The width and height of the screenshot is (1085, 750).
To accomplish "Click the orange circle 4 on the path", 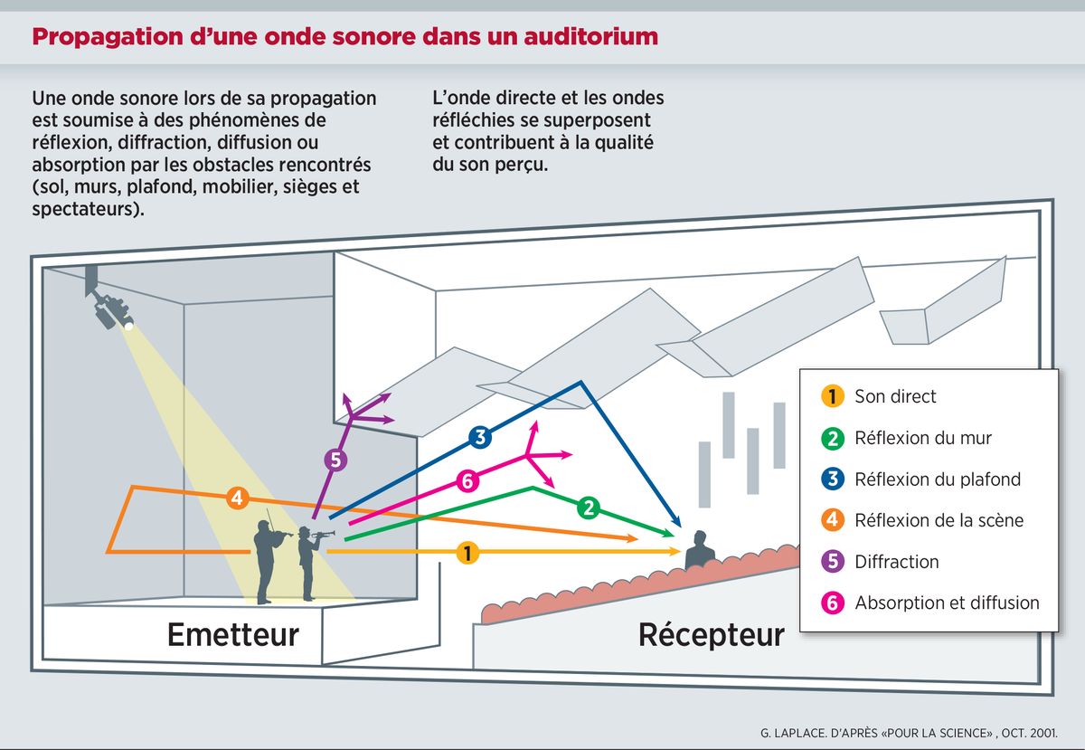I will click(236, 498).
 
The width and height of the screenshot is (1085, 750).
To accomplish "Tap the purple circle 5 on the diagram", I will click(335, 460).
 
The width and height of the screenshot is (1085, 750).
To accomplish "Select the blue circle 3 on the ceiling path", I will click(480, 438).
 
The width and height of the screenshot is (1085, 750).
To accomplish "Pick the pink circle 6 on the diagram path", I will click(467, 481).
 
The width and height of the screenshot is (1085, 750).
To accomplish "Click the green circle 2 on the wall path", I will click(589, 508).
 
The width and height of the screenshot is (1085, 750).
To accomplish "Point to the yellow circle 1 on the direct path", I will click(467, 551).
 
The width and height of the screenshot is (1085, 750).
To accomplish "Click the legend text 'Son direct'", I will click(895, 396).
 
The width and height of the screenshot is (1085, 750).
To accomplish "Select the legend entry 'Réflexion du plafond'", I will click(937, 479).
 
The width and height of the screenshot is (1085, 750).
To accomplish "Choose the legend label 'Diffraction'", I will click(896, 562).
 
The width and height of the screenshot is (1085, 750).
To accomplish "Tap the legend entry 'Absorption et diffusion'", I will click(947, 603).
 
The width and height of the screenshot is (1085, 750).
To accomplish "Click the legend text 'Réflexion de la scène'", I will click(939, 520).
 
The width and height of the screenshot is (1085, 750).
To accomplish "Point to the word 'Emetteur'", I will click(232, 634).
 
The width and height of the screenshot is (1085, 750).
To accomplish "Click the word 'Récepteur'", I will click(711, 634).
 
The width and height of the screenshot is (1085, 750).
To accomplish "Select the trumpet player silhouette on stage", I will click(309, 561).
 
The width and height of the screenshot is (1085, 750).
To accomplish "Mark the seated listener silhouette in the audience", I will click(699, 552).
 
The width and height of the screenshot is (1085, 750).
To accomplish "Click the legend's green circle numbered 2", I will click(832, 438).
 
